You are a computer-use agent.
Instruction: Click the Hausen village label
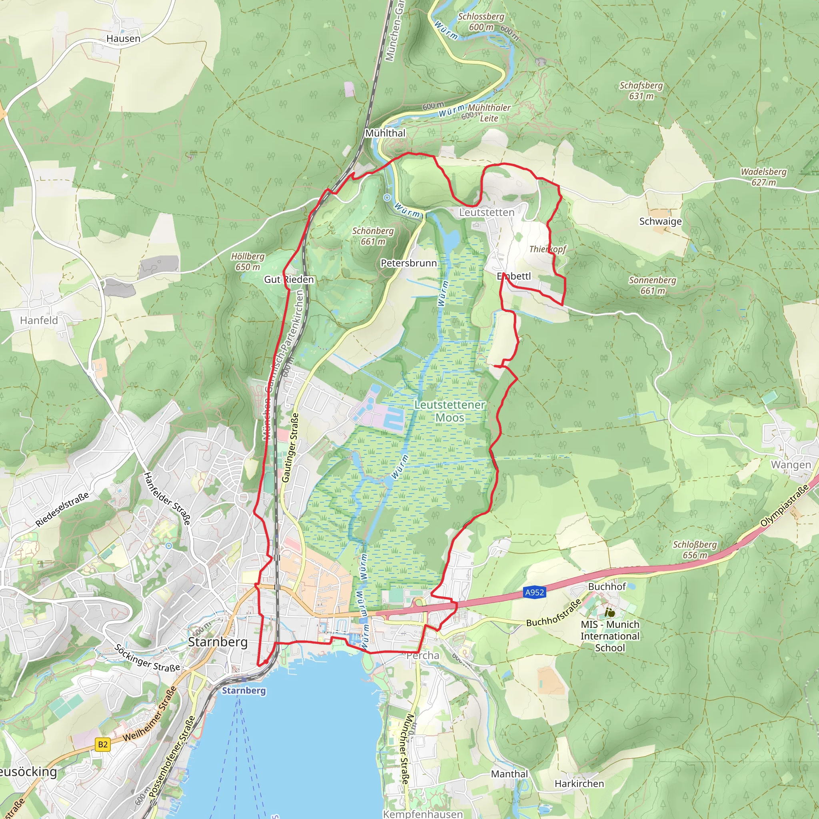tap(123, 38)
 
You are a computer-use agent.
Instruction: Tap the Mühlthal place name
tap(385, 133)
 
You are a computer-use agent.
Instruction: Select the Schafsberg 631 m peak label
tap(641, 91)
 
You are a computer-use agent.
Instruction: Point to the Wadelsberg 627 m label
tap(763, 177)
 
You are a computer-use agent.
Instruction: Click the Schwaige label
tap(661, 221)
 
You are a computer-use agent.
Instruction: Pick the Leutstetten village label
tap(487, 212)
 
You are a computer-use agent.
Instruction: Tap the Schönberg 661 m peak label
tap(373, 236)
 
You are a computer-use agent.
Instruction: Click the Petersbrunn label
tap(409, 263)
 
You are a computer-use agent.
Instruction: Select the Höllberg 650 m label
tap(248, 262)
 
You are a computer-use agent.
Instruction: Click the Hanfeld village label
tap(39, 320)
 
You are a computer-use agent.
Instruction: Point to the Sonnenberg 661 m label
tap(652, 285)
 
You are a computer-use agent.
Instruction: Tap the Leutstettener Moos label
tap(450, 411)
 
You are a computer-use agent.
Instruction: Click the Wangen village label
tap(791, 465)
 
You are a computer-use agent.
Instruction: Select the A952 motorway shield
tap(534, 592)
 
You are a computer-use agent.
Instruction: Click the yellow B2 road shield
tap(103, 744)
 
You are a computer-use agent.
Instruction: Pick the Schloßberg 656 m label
tap(695, 549)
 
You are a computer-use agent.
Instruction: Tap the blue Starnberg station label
tap(244, 691)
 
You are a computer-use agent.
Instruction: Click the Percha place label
tap(423, 655)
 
